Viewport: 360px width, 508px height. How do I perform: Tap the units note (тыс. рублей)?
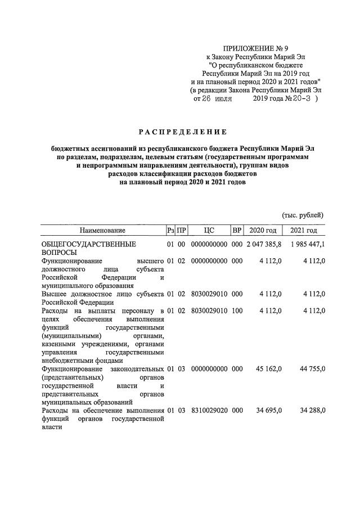click(303, 215)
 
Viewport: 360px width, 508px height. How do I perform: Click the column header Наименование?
click(102, 230)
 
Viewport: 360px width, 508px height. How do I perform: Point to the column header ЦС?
click(209, 230)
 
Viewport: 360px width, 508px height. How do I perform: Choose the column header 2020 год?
click(263, 230)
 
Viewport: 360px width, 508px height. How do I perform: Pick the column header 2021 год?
click(304, 230)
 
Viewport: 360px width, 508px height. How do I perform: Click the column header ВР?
click(237, 230)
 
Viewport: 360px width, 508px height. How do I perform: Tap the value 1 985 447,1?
click(308, 245)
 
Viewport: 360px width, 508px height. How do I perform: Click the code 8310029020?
click(209, 411)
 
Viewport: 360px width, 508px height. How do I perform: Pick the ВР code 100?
click(237, 310)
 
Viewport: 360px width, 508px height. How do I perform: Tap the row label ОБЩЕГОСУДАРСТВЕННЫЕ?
click(89, 245)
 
